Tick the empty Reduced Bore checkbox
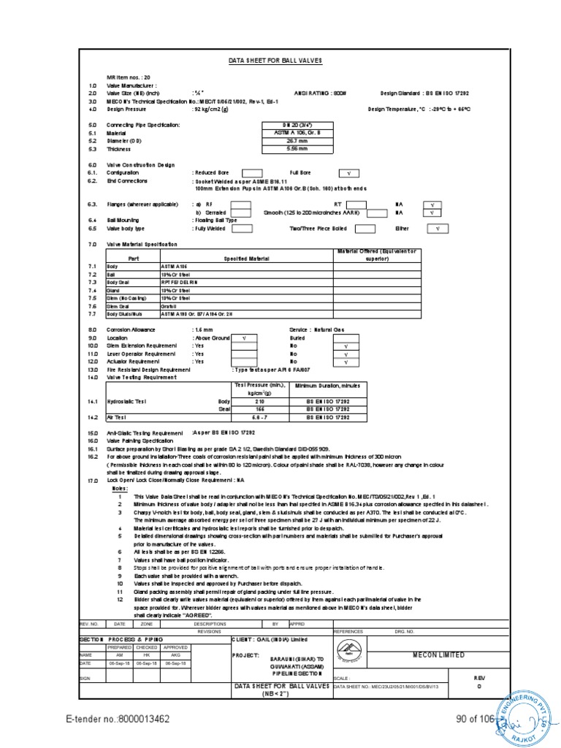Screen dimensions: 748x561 (251, 172)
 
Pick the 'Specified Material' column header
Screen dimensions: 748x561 (246, 259)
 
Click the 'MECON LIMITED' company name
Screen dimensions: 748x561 (438, 655)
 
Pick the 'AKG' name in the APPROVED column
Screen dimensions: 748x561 (175, 655)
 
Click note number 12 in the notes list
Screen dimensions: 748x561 (119, 598)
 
